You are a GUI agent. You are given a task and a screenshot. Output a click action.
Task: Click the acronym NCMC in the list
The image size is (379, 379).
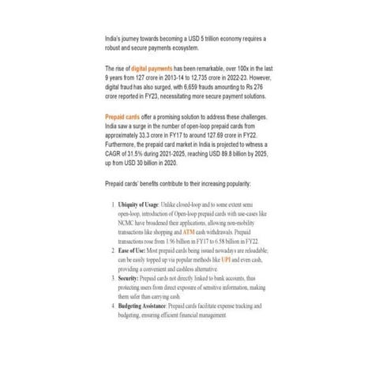(x=128, y=223)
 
